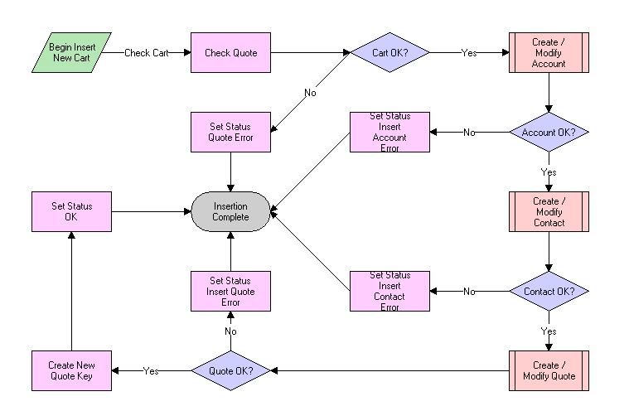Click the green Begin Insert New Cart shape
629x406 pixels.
point(72,53)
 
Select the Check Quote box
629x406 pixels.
point(231,53)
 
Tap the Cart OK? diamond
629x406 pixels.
point(390,53)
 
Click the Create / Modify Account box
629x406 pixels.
point(549,53)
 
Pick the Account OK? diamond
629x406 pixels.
point(549,132)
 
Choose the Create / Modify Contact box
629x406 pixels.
point(549,211)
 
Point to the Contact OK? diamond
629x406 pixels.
point(549,291)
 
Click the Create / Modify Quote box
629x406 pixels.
point(549,370)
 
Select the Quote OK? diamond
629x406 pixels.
point(231,370)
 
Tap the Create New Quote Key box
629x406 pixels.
point(72,370)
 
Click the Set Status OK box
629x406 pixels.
point(72,211)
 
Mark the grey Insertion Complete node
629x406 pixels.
point(231,211)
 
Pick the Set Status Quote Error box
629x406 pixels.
point(231,132)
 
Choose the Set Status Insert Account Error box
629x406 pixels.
point(389,132)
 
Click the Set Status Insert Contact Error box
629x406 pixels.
point(389,291)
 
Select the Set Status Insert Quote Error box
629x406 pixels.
point(231,291)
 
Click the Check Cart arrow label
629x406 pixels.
point(147,53)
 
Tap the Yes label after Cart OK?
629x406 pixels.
point(469,53)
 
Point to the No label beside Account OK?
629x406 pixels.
point(469,133)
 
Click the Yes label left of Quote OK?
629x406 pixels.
point(151,370)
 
